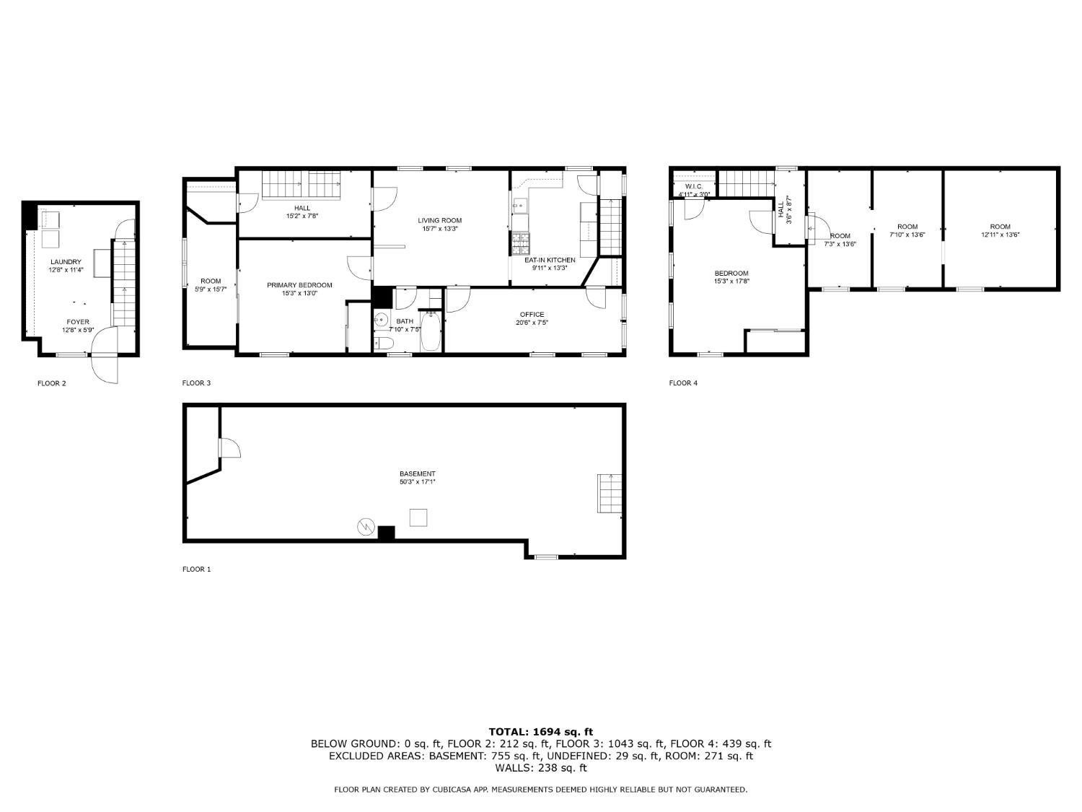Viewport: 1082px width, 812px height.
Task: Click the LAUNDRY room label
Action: tap(66, 262)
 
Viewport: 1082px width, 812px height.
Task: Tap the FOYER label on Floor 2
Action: tap(78, 322)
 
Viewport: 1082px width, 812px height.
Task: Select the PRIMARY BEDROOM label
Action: tap(299, 285)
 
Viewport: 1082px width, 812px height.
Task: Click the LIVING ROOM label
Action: tap(439, 220)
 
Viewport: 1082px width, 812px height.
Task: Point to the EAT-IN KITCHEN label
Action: tap(550, 260)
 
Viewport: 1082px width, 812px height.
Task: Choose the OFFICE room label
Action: tap(532, 315)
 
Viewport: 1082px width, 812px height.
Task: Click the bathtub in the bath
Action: tap(430, 331)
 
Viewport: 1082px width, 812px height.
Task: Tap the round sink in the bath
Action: tap(382, 320)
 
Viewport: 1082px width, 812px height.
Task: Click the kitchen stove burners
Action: tap(519, 243)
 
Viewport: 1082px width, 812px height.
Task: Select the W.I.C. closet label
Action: tap(694, 186)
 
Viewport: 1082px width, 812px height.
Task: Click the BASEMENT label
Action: tap(417, 474)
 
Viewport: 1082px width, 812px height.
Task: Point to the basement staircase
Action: tap(610, 493)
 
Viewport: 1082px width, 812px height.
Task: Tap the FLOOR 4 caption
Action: tap(683, 383)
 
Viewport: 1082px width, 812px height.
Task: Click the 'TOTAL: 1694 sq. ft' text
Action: tap(540, 731)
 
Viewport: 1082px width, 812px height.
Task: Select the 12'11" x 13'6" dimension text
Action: tap(1000, 235)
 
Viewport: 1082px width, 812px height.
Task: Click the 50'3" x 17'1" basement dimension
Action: tap(417, 482)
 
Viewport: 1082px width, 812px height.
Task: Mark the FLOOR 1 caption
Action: tap(196, 569)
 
